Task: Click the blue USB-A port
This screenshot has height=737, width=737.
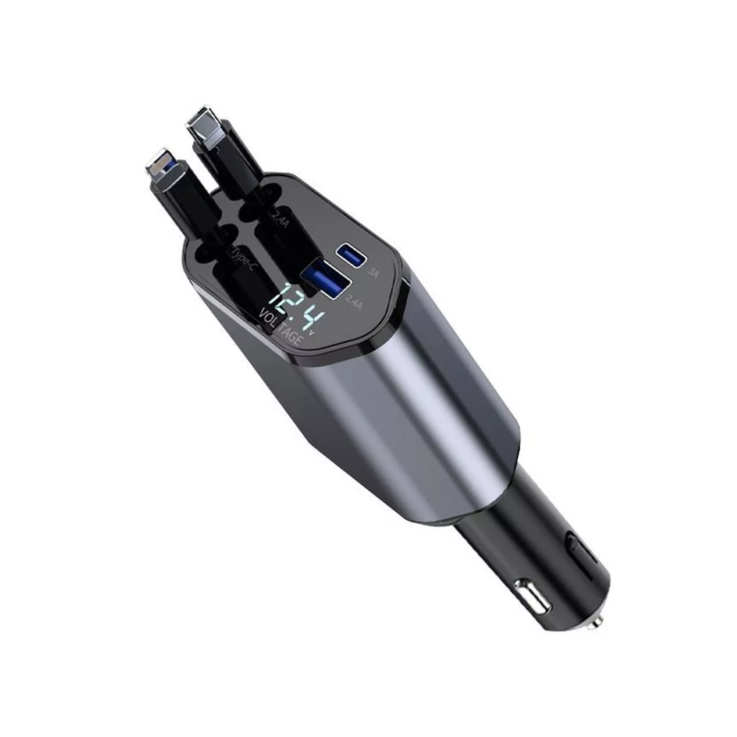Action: [326, 279]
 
